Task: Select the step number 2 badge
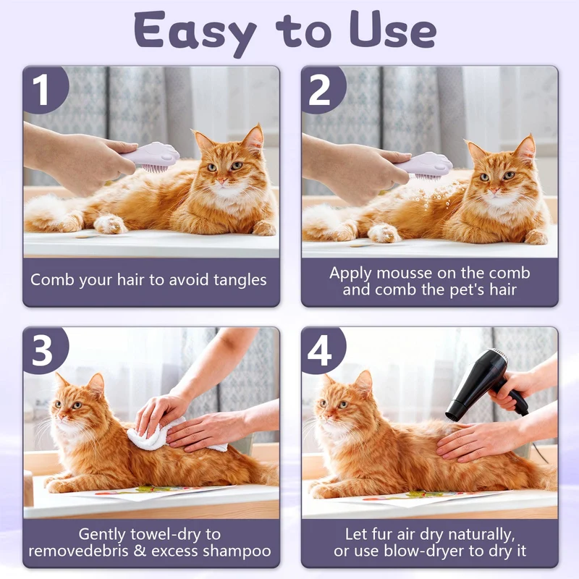click(x=322, y=89)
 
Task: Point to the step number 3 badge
click(x=44, y=350)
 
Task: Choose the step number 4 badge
click(x=322, y=350)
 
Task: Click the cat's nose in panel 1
click(x=221, y=180)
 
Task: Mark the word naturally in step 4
click(x=480, y=535)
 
